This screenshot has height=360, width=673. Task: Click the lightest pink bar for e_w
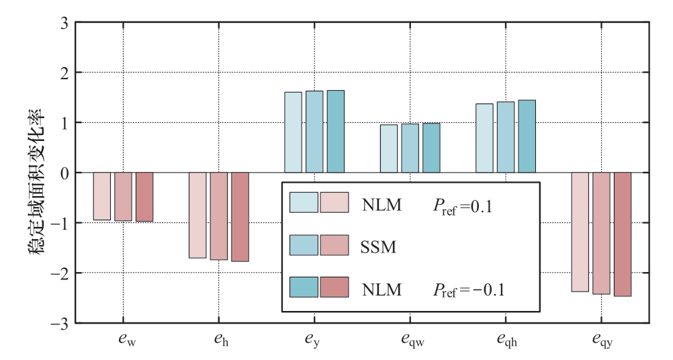point(102,196)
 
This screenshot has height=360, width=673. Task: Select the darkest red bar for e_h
point(240,216)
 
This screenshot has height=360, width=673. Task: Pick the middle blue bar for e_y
point(314,132)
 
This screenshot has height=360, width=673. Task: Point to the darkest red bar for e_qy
point(623,234)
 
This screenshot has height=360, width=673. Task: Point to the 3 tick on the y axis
point(64,22)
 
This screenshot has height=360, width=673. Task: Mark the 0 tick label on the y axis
point(64,173)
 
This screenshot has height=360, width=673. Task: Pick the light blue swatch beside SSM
point(304,246)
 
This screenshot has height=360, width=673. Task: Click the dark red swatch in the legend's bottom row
point(334,287)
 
